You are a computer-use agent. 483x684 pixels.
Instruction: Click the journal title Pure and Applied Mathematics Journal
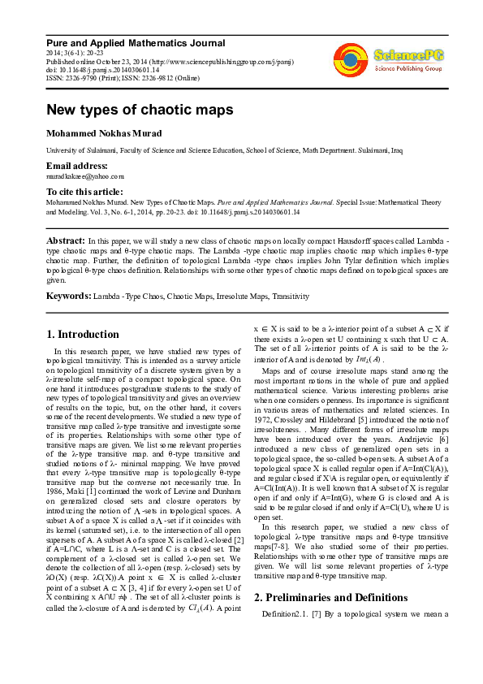click(x=135, y=42)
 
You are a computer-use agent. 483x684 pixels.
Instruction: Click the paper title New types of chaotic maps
click(x=140, y=109)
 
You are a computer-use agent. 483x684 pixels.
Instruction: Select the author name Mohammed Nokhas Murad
click(x=108, y=132)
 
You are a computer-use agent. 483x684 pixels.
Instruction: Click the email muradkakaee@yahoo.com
click(x=84, y=175)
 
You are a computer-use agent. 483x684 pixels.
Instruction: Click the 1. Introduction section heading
click(x=83, y=334)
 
